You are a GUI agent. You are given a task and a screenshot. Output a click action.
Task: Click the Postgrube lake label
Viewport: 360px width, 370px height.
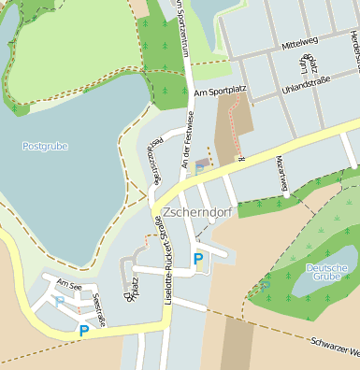(45, 146)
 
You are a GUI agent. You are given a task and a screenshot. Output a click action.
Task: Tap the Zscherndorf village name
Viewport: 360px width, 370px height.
(195, 212)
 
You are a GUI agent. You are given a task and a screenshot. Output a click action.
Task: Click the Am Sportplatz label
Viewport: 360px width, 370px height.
(219, 93)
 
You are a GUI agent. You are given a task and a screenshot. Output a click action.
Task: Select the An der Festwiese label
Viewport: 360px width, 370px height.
(185, 139)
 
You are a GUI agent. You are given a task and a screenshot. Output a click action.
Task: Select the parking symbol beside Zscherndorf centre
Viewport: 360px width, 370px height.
(197, 258)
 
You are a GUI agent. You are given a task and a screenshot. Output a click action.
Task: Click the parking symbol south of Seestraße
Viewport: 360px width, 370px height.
(84, 330)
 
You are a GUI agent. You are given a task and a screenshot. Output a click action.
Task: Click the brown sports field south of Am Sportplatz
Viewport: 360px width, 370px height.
(234, 131)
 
